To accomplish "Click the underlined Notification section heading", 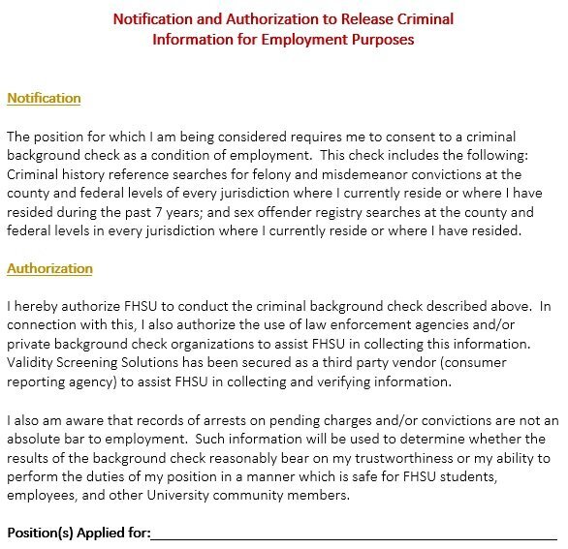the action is pyautogui.click(x=44, y=98).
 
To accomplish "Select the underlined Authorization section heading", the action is pyautogui.click(x=49, y=268).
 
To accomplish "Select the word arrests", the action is pyautogui.click(x=223, y=420).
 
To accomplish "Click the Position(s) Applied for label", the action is pyautogui.click(x=79, y=533).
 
